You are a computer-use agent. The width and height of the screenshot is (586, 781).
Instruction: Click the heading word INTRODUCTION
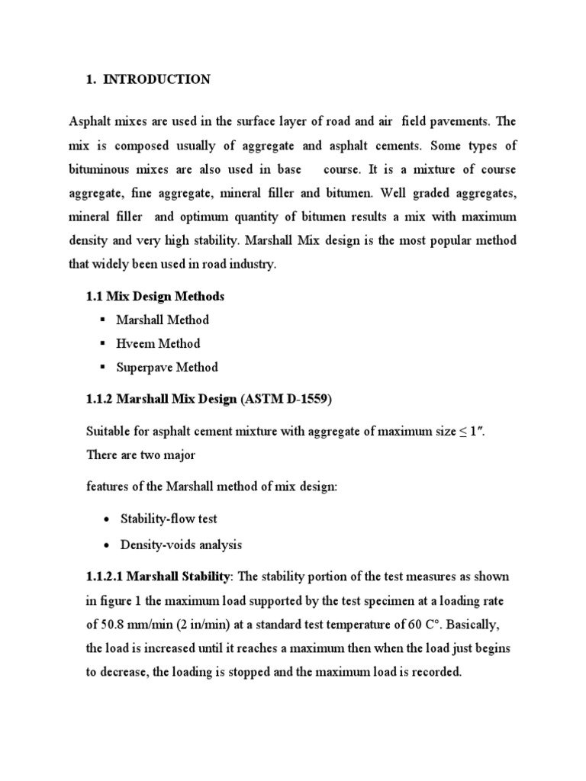click(156, 79)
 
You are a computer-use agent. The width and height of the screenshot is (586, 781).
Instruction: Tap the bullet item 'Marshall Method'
click(163, 320)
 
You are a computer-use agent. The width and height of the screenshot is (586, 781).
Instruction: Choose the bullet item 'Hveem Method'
click(158, 343)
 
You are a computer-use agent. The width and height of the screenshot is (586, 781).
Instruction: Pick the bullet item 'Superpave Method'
click(167, 367)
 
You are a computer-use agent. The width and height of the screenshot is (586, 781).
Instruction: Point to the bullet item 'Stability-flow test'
click(169, 519)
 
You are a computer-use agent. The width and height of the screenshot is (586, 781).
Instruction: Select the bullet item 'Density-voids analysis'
click(182, 545)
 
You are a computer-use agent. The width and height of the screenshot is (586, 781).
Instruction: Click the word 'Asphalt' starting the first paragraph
click(90, 121)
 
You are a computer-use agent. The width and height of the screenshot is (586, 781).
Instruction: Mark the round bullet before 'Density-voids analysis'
click(105, 545)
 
